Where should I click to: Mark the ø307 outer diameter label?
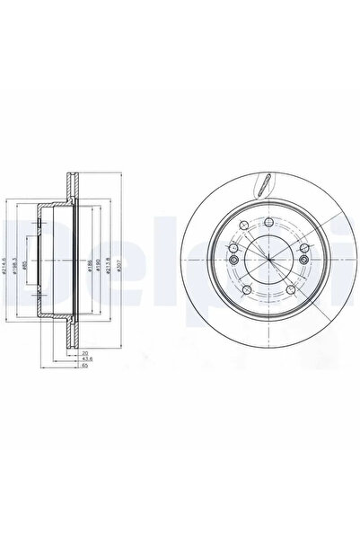tap(119, 266)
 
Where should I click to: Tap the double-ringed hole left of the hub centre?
tap(233, 260)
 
